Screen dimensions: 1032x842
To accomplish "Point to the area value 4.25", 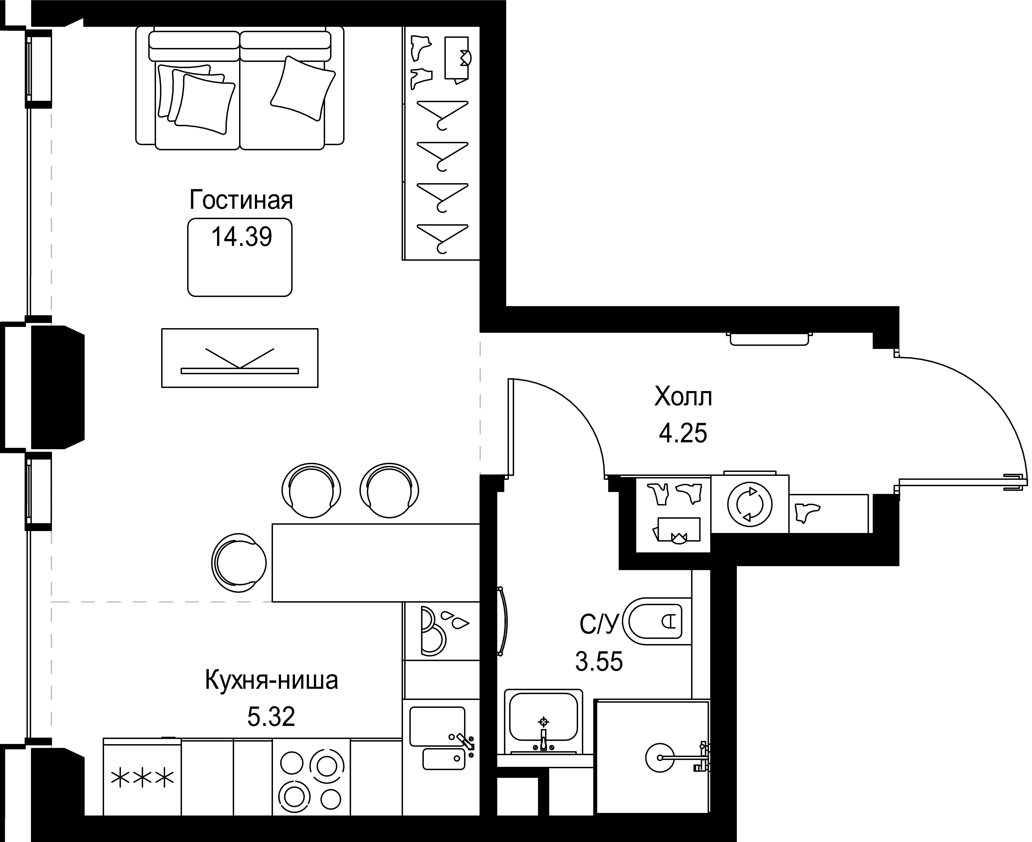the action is (683, 433).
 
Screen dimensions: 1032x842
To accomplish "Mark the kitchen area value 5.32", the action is (271, 717).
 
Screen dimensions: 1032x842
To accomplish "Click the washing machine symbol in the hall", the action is (749, 504).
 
